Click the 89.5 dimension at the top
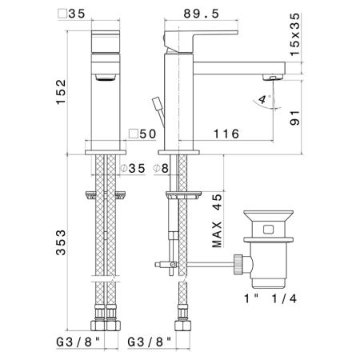coord(201,14)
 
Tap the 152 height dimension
coord(61,91)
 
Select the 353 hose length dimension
coord(61,242)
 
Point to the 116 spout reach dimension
coord(226,134)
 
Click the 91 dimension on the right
coord(295,118)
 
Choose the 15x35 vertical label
coord(295,34)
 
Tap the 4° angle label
coord(263,99)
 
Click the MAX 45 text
coord(217,221)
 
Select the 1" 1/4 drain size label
coord(270,298)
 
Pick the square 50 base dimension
coord(142,134)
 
